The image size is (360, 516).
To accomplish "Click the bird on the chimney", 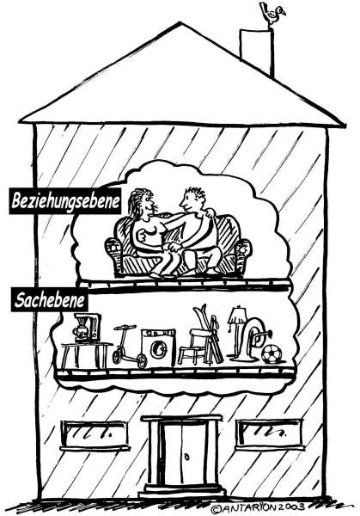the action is point(272,13).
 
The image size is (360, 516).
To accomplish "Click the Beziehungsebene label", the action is point(65,201).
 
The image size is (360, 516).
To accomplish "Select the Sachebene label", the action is point(49,300).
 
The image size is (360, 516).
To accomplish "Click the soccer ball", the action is point(272,353).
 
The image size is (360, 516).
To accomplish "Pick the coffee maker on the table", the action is point(88,329).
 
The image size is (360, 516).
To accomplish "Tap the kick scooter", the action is point(129,347).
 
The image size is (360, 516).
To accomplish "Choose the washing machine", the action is point(158,347).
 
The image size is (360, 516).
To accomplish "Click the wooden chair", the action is point(193,347).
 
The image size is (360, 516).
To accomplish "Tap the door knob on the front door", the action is point(187,457).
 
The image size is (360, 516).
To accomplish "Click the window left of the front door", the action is point(95,435).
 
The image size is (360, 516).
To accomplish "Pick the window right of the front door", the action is point(270,433).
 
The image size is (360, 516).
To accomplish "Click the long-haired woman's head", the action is point(142,202).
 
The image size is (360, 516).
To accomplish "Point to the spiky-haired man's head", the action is point(192,200).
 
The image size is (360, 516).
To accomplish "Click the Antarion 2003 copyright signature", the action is point(258,507).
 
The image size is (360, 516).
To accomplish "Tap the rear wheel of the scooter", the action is point(142,361).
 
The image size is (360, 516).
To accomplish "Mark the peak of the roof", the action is point(180,22).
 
